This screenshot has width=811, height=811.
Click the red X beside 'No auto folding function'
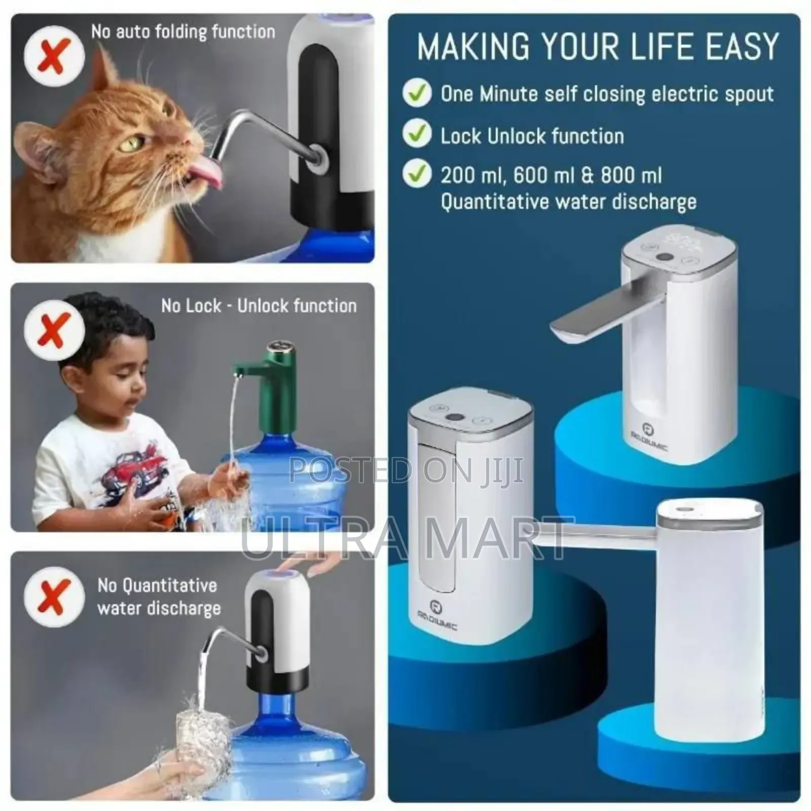click(54, 55)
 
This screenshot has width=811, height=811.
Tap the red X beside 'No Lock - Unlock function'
click(54, 329)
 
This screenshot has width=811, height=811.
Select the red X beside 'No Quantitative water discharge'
click(54, 597)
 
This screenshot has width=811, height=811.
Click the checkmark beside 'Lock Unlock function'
click(417, 134)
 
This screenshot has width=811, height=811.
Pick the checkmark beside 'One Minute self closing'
click(417, 93)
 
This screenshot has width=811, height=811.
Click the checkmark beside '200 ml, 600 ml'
click(417, 174)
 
